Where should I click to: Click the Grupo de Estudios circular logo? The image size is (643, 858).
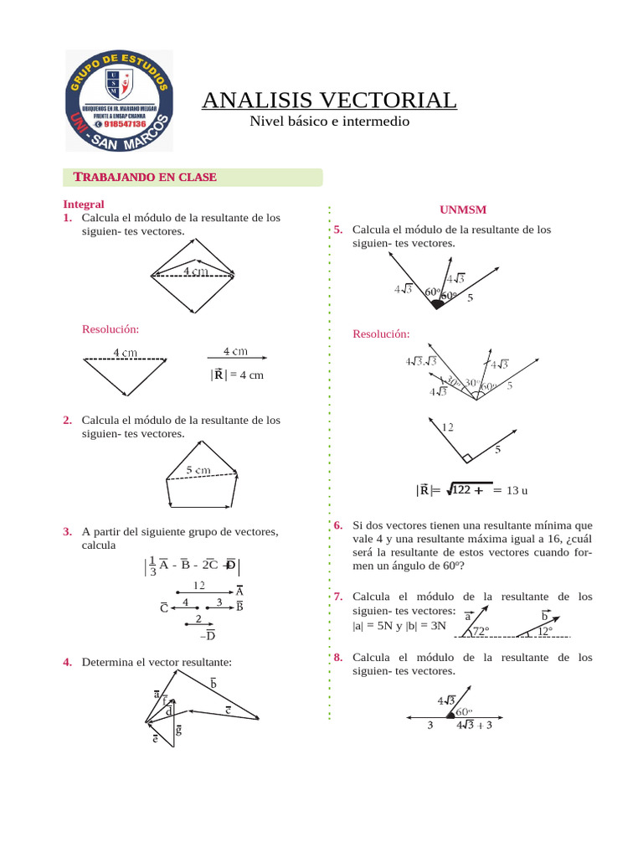click(x=119, y=100)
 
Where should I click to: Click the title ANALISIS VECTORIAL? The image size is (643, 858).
click(x=329, y=101)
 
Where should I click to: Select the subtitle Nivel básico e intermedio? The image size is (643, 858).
click(x=330, y=122)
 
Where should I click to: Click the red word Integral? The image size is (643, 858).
click(x=84, y=204)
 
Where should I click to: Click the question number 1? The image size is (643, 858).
click(x=66, y=218)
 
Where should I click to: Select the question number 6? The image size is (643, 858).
click(x=337, y=525)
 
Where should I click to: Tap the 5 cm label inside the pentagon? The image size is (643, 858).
click(x=198, y=470)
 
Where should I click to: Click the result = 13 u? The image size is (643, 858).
click(x=517, y=490)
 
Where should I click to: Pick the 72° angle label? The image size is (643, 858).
click(x=481, y=631)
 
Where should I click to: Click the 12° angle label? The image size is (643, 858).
click(x=545, y=631)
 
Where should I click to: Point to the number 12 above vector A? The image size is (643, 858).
click(x=199, y=585)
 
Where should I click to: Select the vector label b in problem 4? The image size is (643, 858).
click(x=213, y=684)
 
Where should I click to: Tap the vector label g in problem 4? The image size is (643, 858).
click(x=178, y=731)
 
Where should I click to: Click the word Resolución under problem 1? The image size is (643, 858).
click(x=110, y=329)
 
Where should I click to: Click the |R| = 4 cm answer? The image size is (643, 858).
click(x=238, y=375)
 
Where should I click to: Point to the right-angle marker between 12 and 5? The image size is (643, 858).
click(x=466, y=458)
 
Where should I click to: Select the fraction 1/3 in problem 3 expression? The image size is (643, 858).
click(x=152, y=567)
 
